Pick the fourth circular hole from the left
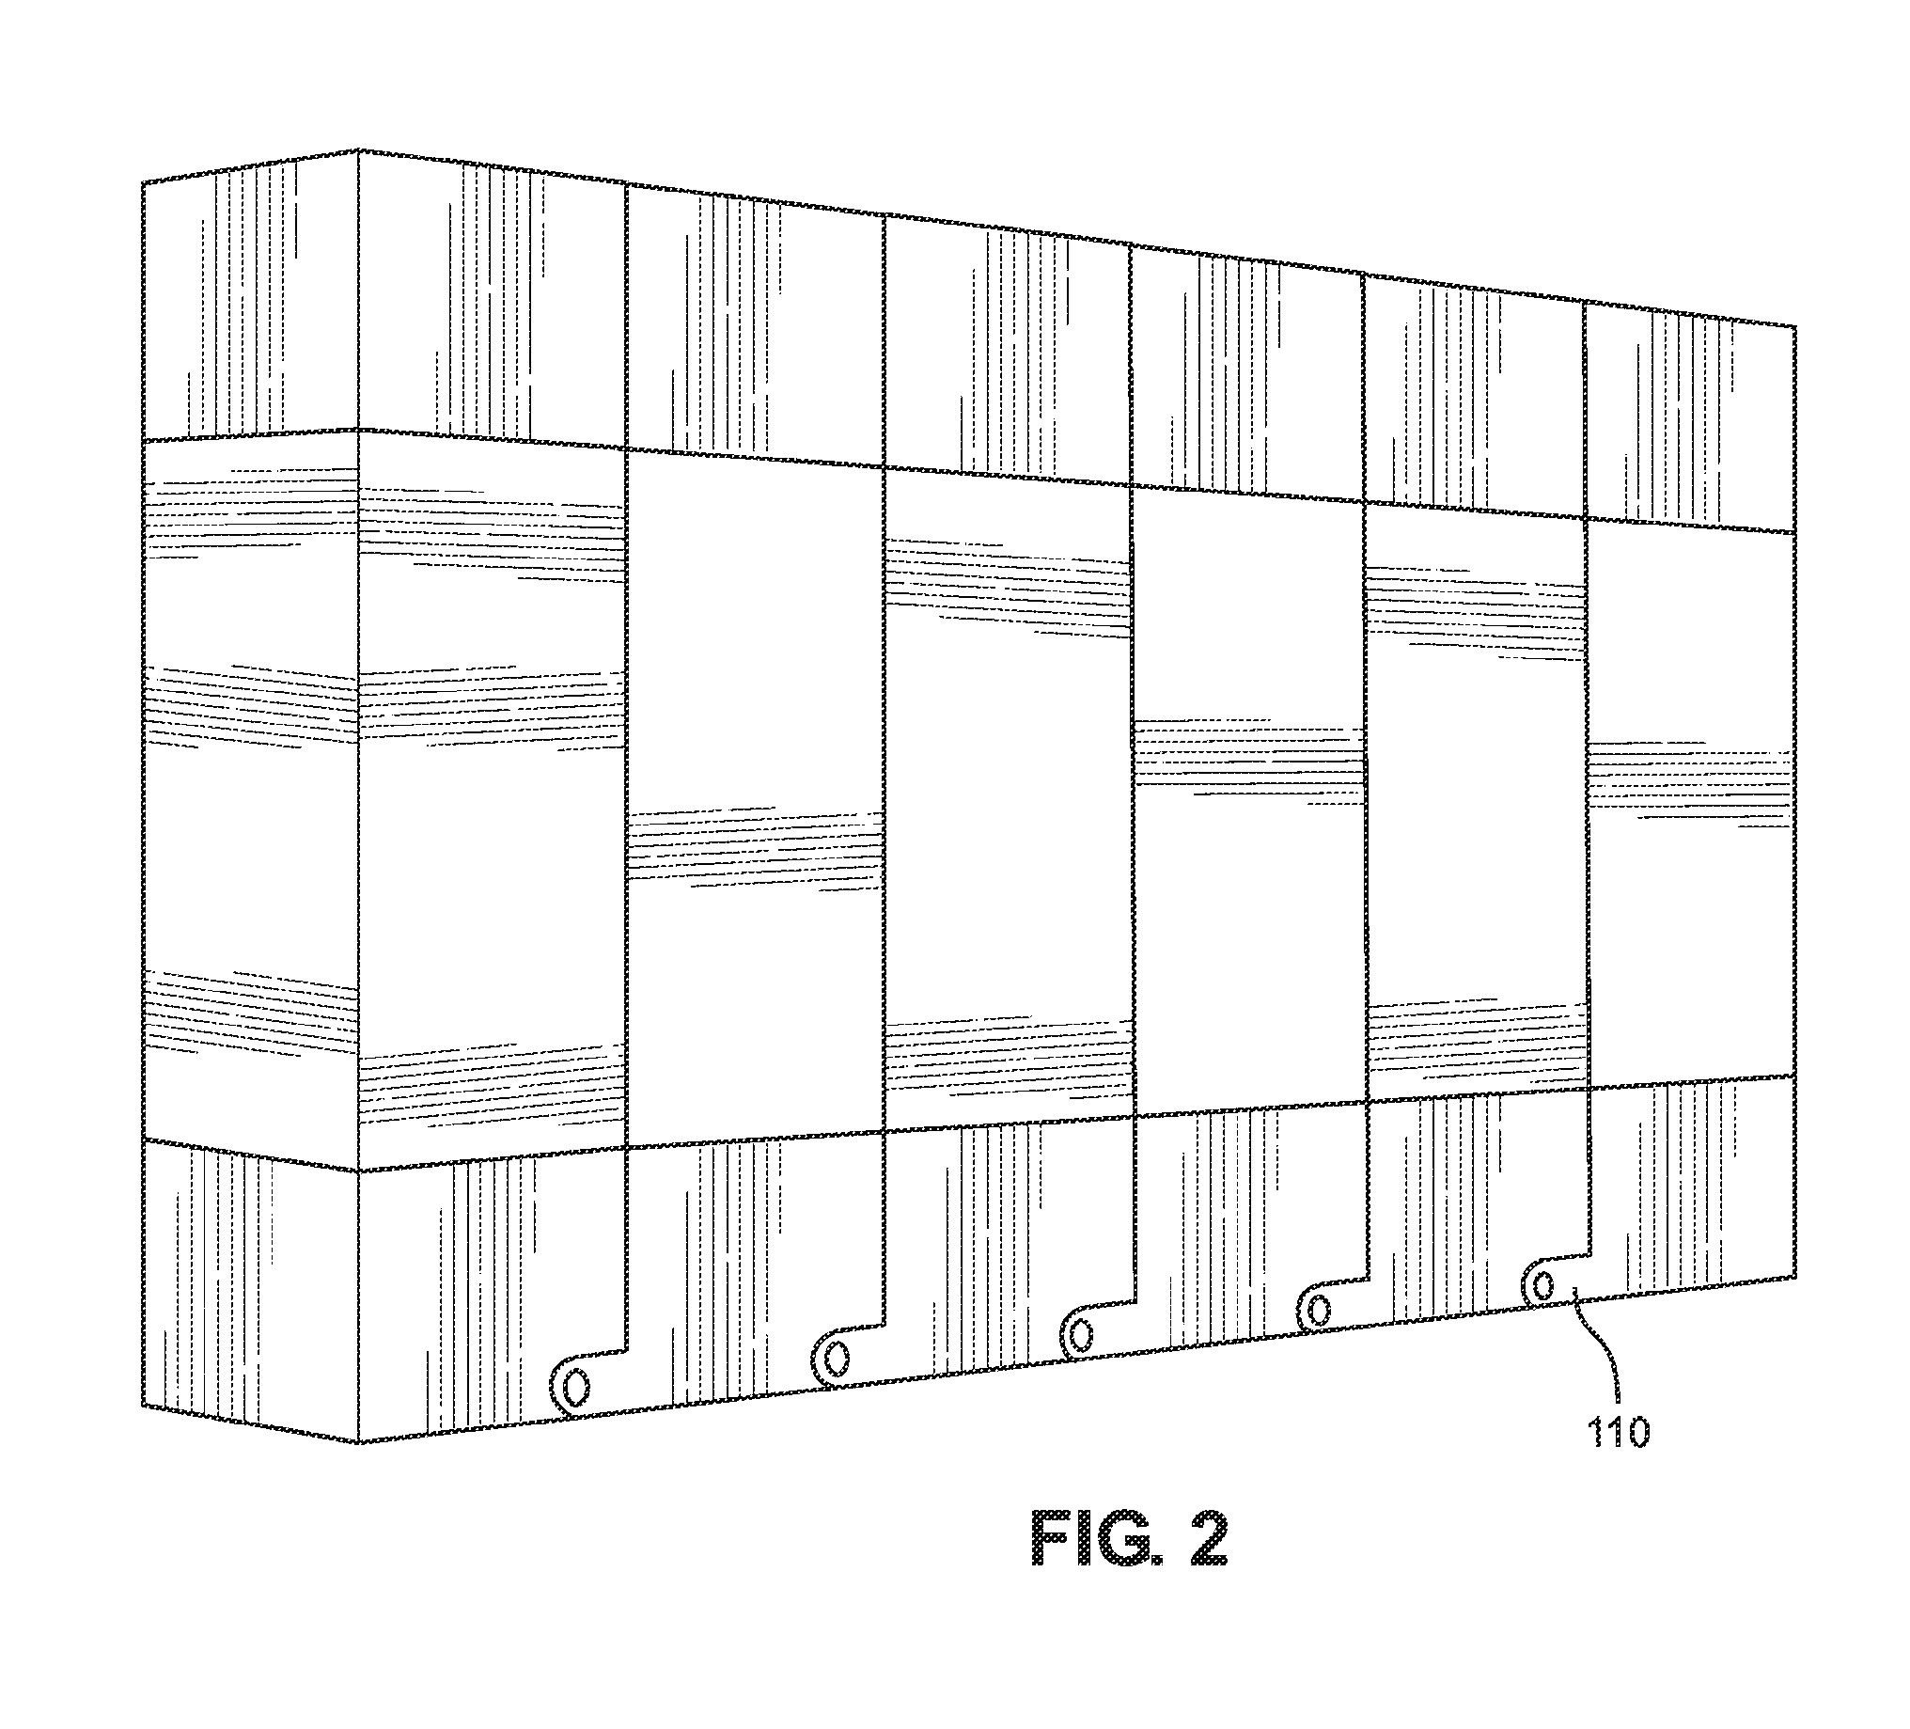coord(1317,1311)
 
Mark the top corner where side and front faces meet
coord(358,149)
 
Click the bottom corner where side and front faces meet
coord(359,1444)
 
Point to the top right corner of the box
coord(1795,326)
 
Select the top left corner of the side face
coord(142,180)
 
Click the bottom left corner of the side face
coord(144,1407)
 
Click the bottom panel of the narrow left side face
coord(251,1292)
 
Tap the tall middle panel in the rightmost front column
coord(1691,806)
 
